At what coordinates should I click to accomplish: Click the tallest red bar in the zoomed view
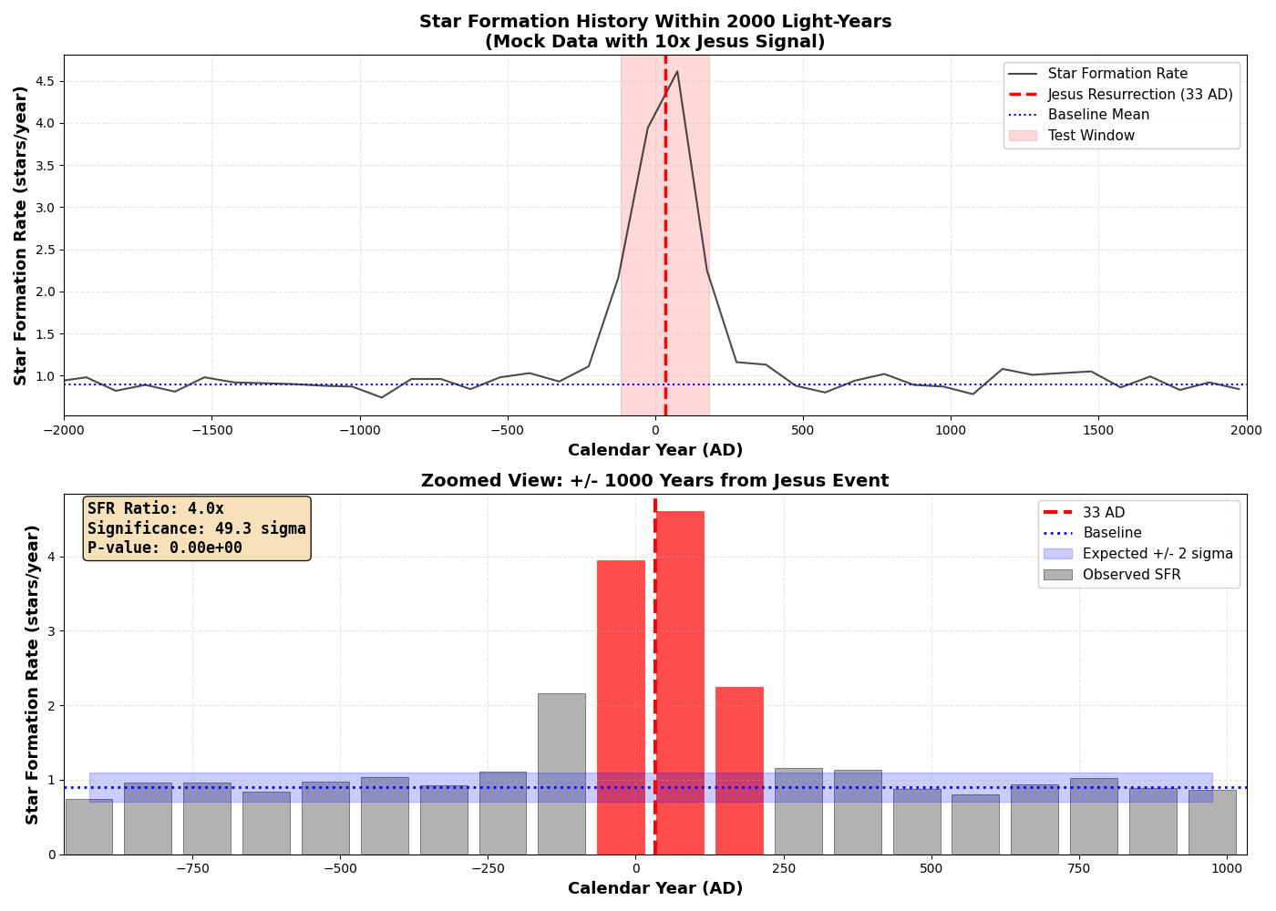(680, 683)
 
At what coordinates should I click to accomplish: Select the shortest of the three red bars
(739, 770)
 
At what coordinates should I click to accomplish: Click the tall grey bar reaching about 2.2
(561, 774)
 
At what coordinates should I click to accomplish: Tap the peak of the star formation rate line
(676, 71)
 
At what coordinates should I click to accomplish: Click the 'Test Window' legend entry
(1091, 136)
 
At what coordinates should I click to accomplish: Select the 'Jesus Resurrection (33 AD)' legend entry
(1139, 95)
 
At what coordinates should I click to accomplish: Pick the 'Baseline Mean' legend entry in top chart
(1098, 115)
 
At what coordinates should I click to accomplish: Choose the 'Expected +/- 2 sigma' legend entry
(1158, 554)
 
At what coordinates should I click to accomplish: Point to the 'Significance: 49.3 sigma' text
(197, 528)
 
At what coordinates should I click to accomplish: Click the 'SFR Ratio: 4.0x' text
(155, 508)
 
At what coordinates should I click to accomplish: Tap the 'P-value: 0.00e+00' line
(165, 548)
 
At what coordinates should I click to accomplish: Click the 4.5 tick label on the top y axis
(45, 81)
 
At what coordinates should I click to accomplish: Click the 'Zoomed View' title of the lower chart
(654, 481)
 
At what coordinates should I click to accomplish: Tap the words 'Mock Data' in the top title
(536, 42)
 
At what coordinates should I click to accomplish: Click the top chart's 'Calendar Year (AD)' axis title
(654, 450)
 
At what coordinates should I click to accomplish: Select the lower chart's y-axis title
(33, 674)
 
